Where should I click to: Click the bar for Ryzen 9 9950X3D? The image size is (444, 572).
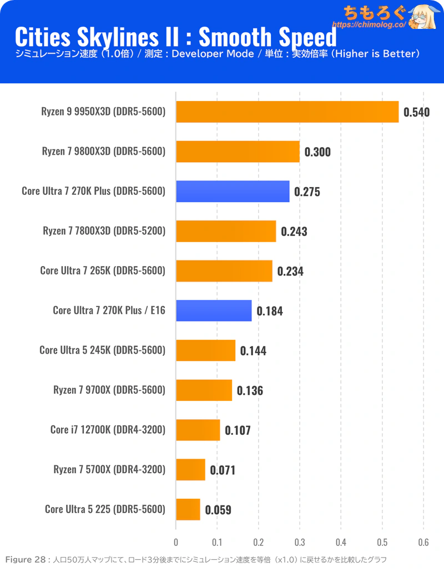[287, 112]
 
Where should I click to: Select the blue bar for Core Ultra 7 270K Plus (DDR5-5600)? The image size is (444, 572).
[233, 192]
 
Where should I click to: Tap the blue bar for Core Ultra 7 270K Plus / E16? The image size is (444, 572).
[214, 310]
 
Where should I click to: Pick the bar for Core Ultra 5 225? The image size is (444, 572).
[188, 509]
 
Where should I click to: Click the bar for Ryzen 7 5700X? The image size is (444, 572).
[190, 470]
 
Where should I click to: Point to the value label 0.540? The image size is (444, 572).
[416, 112]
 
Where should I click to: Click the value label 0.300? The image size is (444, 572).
[317, 152]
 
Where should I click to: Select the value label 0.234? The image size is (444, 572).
[290, 272]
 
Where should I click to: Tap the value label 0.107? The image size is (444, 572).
[238, 430]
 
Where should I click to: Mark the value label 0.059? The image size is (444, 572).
[218, 510]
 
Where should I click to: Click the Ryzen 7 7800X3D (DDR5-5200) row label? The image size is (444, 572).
[104, 231]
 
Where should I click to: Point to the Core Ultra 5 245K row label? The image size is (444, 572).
[103, 350]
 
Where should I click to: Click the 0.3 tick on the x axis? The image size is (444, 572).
[300, 542]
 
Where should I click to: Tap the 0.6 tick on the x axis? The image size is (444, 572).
[423, 542]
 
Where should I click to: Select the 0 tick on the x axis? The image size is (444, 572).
[176, 542]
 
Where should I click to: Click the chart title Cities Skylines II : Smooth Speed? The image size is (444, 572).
[175, 37]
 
